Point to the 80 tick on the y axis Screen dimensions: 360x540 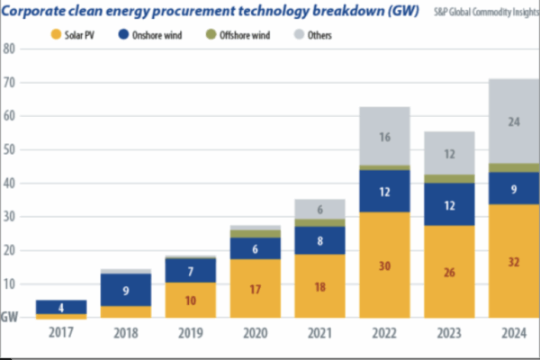click(10, 49)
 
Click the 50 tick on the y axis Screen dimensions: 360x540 click(10, 149)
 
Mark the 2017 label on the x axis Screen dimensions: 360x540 click(61, 332)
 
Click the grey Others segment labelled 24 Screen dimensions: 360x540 click(514, 121)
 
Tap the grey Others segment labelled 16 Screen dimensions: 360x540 click(384, 137)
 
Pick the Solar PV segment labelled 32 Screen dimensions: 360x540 click(514, 261)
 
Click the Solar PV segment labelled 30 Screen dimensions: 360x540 click(384, 265)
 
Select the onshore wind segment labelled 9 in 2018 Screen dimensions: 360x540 click(126, 290)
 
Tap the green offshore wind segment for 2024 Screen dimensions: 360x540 click(514, 168)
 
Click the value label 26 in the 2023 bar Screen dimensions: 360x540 click(449, 272)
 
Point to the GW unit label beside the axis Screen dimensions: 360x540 click(11, 317)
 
